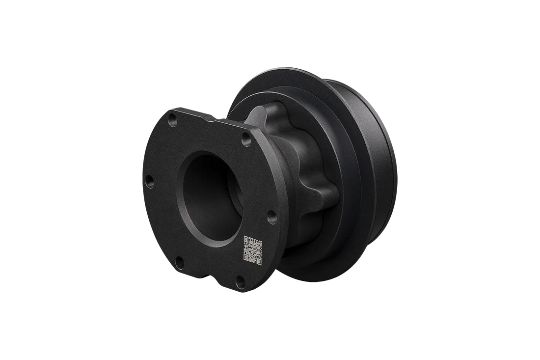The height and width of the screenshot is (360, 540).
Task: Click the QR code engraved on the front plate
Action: click(253, 251)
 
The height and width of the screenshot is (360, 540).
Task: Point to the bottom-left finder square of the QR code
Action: click(246, 257)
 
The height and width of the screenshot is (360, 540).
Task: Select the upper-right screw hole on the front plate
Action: click(244, 142)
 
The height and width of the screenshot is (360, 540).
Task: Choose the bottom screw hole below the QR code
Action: click(239, 280)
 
